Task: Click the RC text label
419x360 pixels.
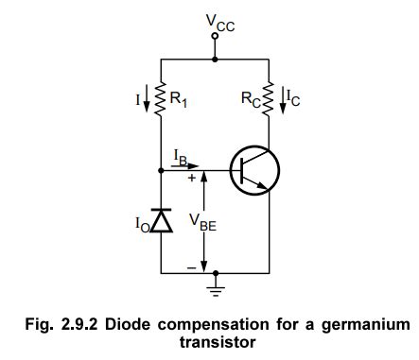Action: coord(250,94)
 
